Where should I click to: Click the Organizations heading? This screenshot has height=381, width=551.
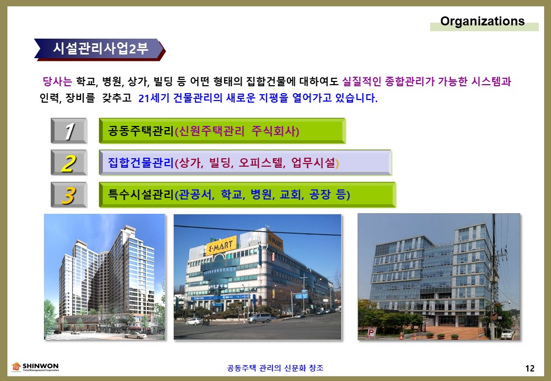point(482,21)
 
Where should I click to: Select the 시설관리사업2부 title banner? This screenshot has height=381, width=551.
point(100,49)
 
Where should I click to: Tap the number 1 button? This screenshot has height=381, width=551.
point(69,131)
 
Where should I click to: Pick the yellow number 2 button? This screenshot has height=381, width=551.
point(69,163)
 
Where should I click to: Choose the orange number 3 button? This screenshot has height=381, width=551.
point(69,195)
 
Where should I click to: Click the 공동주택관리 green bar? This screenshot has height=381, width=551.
point(223,131)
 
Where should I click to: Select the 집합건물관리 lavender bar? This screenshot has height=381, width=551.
point(245,163)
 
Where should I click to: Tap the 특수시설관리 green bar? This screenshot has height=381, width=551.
point(247,195)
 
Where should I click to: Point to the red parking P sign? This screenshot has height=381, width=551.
point(371,333)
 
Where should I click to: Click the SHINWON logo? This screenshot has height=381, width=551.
point(35,367)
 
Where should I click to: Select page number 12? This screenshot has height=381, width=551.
point(530,368)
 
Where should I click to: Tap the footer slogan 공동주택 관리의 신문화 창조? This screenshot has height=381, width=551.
point(275,368)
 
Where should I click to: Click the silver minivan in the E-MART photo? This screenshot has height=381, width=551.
point(259,318)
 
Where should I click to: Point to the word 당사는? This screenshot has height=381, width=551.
point(57,81)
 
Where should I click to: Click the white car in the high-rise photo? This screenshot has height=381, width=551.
point(135,335)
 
